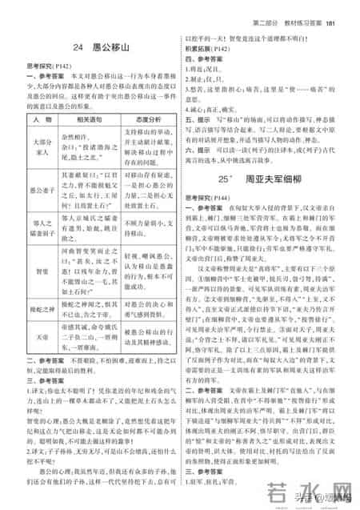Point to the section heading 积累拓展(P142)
click(x=207, y=47)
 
